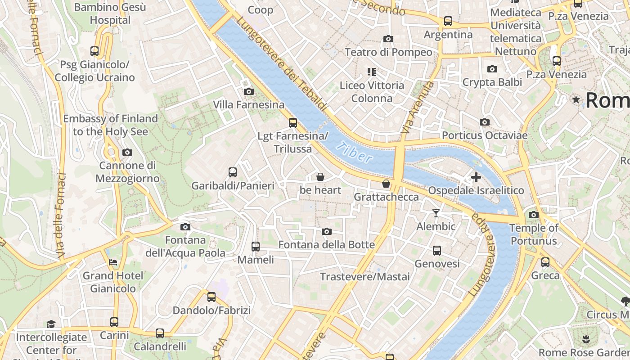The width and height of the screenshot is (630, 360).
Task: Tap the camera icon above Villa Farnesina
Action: point(248,92)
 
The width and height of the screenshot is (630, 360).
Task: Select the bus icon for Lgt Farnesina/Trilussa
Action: point(293,122)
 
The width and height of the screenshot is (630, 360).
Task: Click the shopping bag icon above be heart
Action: point(320,177)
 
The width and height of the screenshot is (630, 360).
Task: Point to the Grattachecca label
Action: point(386,197)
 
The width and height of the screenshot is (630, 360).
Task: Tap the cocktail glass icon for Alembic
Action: point(436,213)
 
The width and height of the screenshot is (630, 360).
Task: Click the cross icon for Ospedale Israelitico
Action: point(476,177)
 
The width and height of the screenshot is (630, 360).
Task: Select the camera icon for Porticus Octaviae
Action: point(485,122)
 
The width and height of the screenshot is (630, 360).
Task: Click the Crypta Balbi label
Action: point(492,82)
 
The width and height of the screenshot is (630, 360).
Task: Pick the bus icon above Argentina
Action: point(448,21)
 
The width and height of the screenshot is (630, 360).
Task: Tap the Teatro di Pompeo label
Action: point(388,52)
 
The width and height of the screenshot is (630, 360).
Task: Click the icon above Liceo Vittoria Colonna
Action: point(372,72)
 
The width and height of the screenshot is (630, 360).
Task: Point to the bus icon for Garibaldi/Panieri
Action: point(233,172)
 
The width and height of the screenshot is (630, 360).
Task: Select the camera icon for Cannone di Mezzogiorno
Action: point(127,153)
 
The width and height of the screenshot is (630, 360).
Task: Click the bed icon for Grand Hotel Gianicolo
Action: point(113,262)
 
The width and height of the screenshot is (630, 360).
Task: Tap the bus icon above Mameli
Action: point(256,246)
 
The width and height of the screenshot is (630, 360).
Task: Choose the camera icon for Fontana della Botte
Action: point(327,231)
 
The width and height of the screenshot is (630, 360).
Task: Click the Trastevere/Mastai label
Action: point(364,276)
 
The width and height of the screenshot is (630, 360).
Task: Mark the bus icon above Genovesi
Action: point(437,250)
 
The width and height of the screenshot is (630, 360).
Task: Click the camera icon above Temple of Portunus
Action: point(534,215)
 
